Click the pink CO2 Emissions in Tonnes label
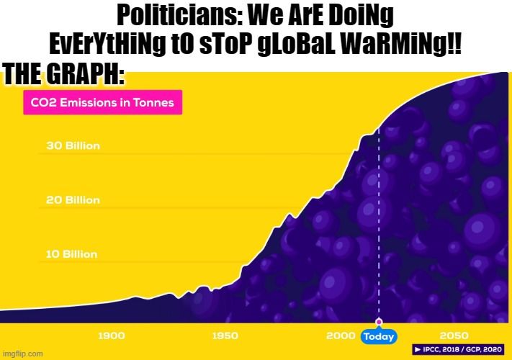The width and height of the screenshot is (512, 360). [104, 102]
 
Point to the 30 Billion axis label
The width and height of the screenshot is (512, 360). [73, 145]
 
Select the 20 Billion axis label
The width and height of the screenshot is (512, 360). [73, 199]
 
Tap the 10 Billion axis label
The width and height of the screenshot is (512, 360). [72, 254]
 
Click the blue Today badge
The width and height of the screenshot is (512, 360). [379, 336]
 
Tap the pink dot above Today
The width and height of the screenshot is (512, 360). [379, 322]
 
